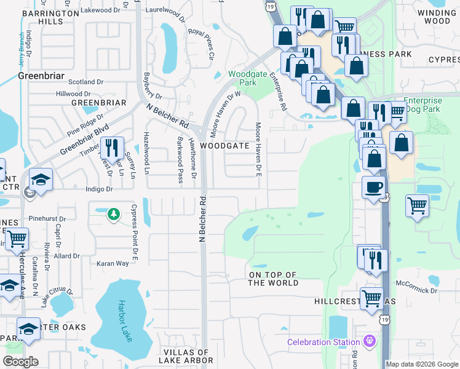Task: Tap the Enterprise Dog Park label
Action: point(422,105)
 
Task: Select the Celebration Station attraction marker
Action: point(369,341)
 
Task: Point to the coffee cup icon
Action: point(374,187)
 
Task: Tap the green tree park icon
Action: point(113,213)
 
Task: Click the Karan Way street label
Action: point(113,263)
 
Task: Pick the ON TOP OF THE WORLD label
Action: point(273,279)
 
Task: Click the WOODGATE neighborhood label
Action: point(224,146)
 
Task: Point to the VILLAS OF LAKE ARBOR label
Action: point(187,357)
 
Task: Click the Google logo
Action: point(21,362)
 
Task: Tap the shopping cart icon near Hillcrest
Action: point(371,300)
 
